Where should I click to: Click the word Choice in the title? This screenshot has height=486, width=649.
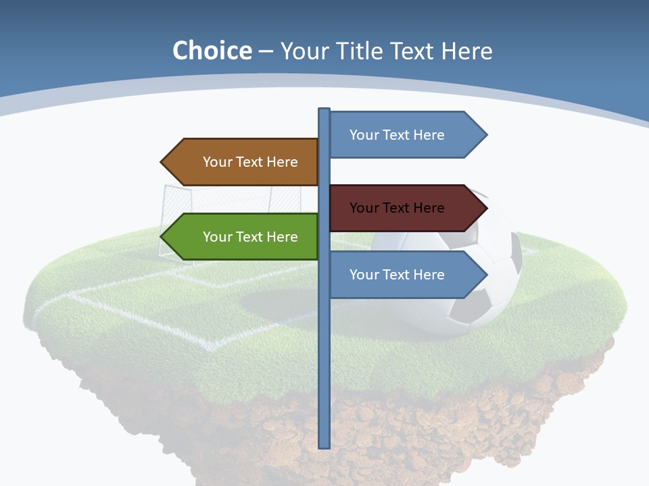tap(212, 51)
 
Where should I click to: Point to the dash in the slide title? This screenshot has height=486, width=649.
tap(266, 52)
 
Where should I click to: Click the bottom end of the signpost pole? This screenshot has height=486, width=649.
tap(324, 445)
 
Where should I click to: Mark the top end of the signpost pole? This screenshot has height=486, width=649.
tap(324, 111)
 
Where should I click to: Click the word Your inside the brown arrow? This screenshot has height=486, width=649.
tap(217, 162)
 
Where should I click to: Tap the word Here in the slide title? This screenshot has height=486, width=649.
tap(467, 51)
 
